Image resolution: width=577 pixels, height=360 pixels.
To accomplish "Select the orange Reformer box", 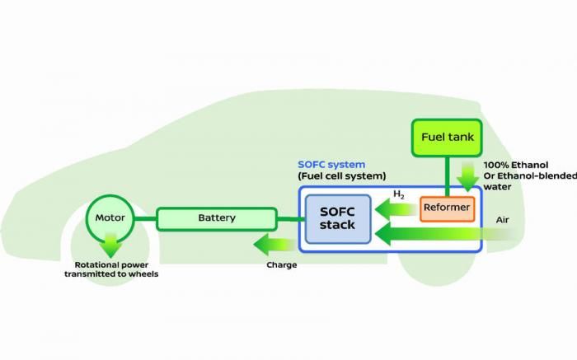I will (446, 208).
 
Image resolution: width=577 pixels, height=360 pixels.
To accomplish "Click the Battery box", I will (217, 218).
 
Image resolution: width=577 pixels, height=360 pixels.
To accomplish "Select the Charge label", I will (281, 265).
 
